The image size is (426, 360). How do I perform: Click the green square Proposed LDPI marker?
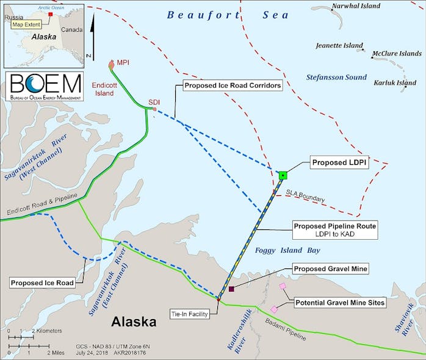(283, 176)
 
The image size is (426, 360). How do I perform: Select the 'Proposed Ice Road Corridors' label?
(233, 86)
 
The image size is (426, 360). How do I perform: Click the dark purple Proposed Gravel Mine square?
(231, 289)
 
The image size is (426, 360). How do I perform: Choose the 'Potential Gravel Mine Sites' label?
(341, 303)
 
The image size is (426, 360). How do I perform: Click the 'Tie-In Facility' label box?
(189, 314)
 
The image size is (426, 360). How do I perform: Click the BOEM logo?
(43, 88)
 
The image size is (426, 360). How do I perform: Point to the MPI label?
(124, 63)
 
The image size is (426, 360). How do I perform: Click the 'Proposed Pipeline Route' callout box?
(334, 230)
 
